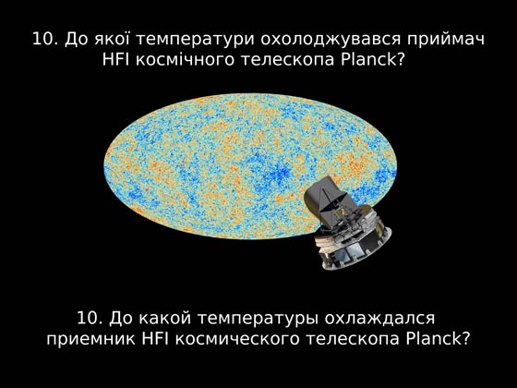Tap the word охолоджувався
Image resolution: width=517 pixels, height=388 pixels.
331,40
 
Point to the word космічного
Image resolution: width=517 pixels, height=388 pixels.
185,60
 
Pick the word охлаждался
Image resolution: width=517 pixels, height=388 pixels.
379,319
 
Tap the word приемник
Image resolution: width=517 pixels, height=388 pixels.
90,340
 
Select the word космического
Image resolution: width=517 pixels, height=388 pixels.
237,339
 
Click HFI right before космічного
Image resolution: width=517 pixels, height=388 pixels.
116,59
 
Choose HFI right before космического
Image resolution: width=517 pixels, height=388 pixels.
155,338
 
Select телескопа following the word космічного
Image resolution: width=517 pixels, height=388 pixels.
287,60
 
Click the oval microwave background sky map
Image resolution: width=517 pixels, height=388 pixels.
250,166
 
